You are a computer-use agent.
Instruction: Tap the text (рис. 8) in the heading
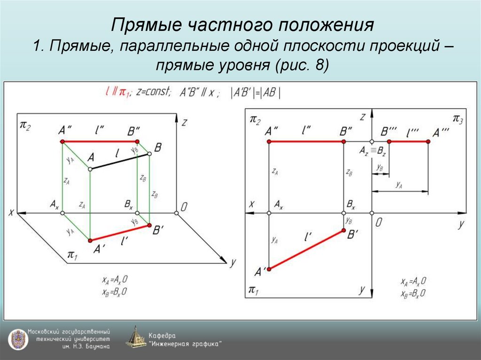(x=300, y=65)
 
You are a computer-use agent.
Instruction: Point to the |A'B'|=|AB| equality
(x=256, y=92)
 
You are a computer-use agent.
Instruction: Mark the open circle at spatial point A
(x=90, y=169)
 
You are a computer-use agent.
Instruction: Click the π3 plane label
(x=457, y=119)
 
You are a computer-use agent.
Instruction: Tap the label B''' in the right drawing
(x=389, y=131)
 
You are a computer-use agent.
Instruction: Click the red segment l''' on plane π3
(x=409, y=141)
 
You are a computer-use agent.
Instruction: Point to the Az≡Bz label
(x=372, y=151)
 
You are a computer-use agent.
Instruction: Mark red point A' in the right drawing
(x=269, y=269)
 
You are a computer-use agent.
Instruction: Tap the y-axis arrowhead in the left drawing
(x=222, y=258)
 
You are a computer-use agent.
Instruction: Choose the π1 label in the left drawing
(x=72, y=254)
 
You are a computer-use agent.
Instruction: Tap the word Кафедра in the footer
(x=162, y=336)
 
